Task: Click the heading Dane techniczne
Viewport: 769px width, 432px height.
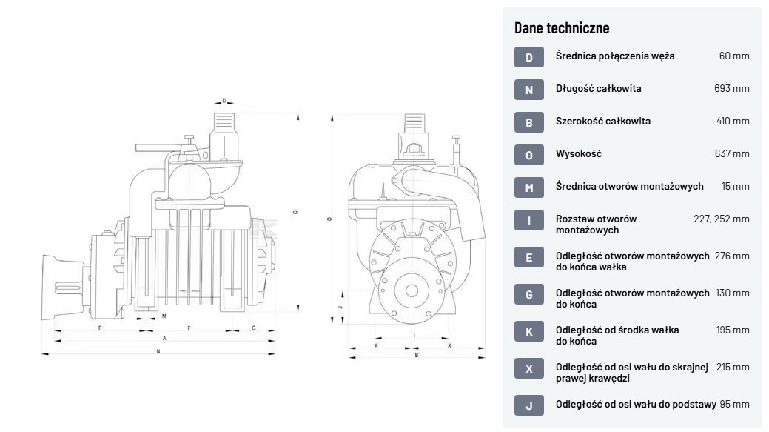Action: tap(562, 28)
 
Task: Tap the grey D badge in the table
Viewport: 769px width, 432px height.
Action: tap(528, 57)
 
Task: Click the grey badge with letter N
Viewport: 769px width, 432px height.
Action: tap(528, 90)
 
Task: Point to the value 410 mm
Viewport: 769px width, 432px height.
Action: tap(733, 121)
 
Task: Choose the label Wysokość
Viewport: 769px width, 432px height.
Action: tap(579, 153)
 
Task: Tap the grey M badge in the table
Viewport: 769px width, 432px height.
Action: tap(528, 187)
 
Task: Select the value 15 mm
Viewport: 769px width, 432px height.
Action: tap(736, 186)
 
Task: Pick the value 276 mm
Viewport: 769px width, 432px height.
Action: tap(732, 256)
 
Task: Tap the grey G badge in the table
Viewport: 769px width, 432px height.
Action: tap(528, 294)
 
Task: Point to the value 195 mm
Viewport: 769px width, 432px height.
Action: tap(733, 330)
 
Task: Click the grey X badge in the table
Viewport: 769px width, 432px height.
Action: tap(528, 368)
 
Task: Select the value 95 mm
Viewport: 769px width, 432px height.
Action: tap(734, 404)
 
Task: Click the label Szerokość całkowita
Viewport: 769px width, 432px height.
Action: tap(603, 121)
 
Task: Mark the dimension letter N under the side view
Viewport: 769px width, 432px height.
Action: tap(158, 351)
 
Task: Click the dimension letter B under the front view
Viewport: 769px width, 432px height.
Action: tap(417, 355)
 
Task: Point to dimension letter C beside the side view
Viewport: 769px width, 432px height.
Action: tap(295, 212)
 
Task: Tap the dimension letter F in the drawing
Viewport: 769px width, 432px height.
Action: tap(189, 327)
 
